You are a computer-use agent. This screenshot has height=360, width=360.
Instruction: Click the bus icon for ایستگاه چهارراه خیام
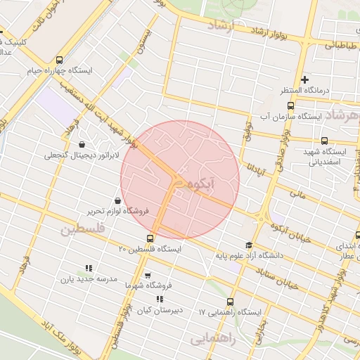pyautogui.click(x=58, y=60)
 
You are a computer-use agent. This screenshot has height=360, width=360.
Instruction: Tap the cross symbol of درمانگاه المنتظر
pyautogui.click(x=304, y=79)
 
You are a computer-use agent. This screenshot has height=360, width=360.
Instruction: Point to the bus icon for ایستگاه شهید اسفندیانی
pyautogui.click(x=324, y=141)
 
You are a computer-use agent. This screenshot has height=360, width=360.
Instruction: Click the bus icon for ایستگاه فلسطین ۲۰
pyautogui.click(x=150, y=238)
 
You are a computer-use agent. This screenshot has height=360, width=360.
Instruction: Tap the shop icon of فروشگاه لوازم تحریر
pyautogui.click(x=117, y=200)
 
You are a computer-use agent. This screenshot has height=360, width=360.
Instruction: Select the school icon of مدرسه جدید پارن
pyautogui.click(x=88, y=268)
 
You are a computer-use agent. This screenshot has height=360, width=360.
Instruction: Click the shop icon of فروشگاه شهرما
pyautogui.click(x=147, y=275)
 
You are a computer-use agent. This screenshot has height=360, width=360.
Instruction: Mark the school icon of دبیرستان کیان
pyautogui.click(x=160, y=299)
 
